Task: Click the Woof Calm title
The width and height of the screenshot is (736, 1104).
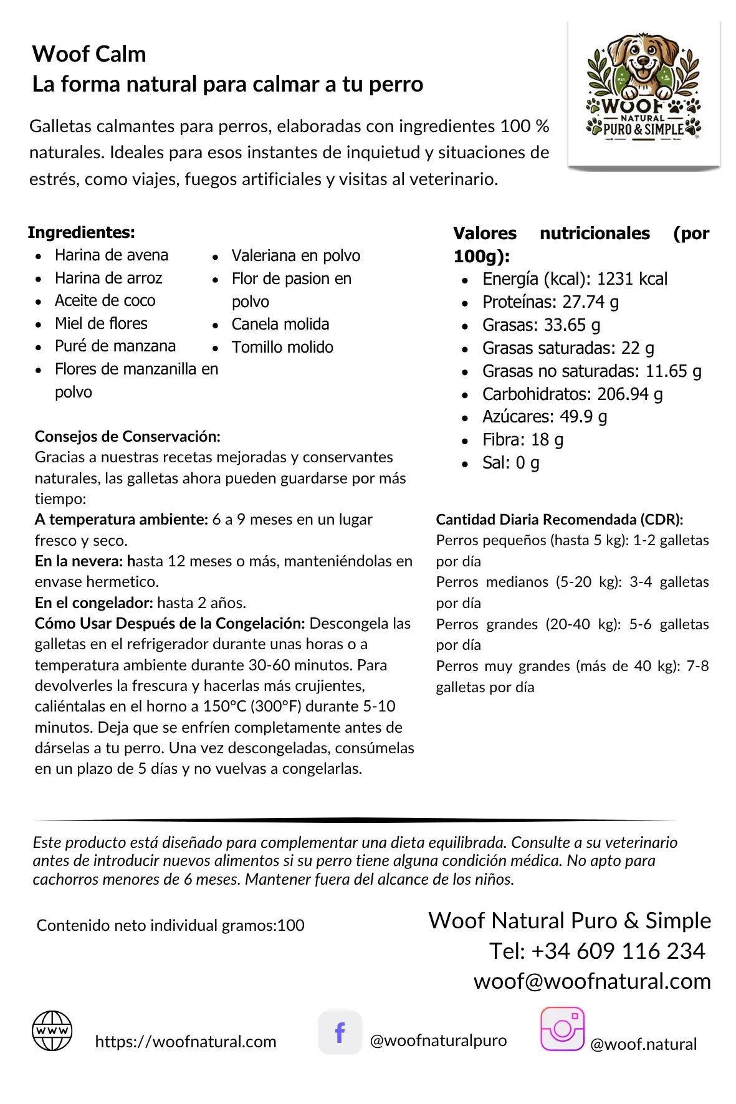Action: [89, 54]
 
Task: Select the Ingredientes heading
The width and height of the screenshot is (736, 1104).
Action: [81, 232]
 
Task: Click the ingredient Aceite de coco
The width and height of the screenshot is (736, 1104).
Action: [105, 301]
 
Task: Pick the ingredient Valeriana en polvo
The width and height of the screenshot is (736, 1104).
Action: [295, 255]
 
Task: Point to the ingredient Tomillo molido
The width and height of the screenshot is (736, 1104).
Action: [282, 347]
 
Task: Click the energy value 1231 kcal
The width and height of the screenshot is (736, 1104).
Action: [631, 279]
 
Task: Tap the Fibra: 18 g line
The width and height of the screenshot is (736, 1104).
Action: [522, 440]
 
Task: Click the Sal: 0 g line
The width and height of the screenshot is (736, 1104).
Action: [510, 463]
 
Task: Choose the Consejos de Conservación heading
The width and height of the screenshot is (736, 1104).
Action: [127, 436]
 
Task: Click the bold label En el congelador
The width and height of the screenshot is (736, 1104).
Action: [93, 602]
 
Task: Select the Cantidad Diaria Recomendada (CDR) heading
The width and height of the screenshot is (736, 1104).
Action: [559, 520]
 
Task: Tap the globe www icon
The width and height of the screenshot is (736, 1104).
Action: [52, 1030]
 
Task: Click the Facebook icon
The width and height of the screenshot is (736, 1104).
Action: [340, 1032]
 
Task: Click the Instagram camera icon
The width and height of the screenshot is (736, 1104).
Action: [562, 1029]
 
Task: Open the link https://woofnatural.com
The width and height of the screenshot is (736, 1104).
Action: [185, 1042]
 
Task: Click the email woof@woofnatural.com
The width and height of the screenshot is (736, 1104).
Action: [591, 981]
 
